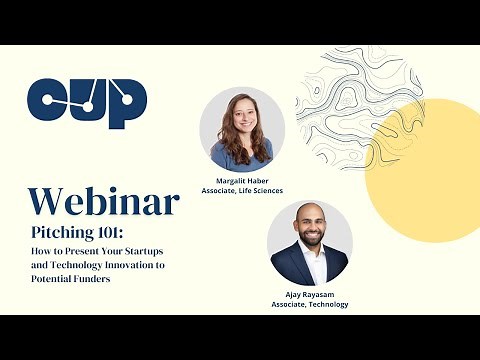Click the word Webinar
pos(104,201)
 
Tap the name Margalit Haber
pos(241,181)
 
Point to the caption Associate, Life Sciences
pos(241,191)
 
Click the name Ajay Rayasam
pos(309,295)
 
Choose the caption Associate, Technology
pos(309,305)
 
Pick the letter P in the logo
pos(128,103)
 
